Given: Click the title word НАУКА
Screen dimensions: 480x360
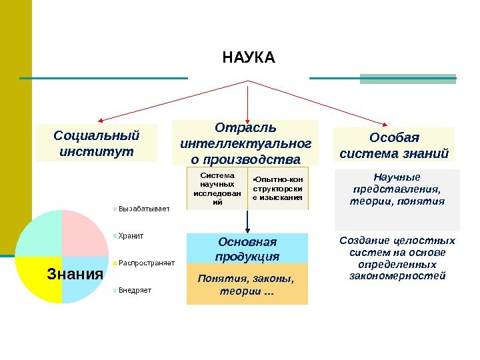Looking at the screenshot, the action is (248, 58).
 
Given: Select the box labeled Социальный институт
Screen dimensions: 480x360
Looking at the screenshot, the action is (97, 143).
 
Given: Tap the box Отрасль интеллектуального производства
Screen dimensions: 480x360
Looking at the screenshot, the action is (245, 143).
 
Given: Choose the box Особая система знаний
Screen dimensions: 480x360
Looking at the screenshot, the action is (393, 146).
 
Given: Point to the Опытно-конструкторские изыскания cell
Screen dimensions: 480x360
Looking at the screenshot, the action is (278, 189).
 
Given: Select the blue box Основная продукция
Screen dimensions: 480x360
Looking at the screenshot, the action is (247, 249).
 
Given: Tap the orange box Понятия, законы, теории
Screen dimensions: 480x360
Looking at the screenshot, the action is (247, 284).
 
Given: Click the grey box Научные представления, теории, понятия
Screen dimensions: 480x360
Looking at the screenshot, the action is (397, 190).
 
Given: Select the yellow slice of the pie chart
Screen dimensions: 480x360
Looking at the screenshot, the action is (40, 283).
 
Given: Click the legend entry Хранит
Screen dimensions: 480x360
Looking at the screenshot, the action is (131, 235).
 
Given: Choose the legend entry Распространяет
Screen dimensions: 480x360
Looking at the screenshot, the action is (146, 263).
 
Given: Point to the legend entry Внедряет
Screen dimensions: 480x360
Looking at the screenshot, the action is (135, 290).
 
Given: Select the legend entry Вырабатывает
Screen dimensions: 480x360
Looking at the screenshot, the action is (143, 209).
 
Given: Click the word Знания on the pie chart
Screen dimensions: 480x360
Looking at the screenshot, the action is (75, 274).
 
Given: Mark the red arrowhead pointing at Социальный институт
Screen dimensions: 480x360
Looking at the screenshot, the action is (101, 122).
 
